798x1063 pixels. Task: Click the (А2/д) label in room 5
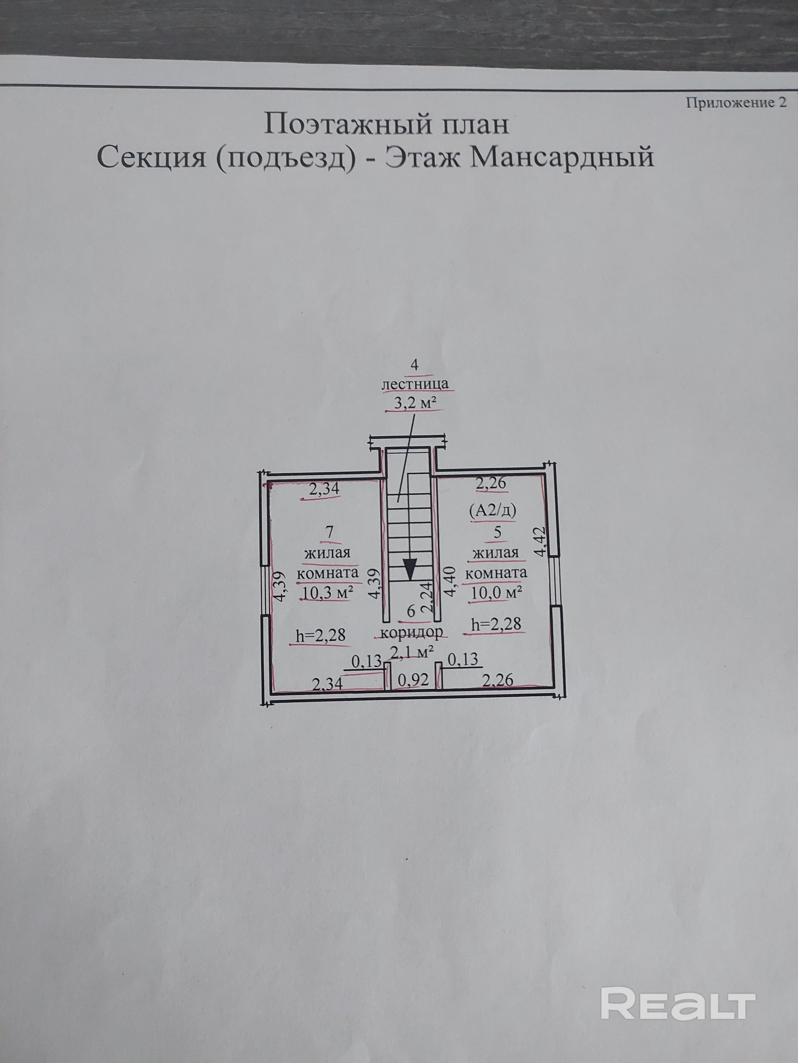click(493, 511)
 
